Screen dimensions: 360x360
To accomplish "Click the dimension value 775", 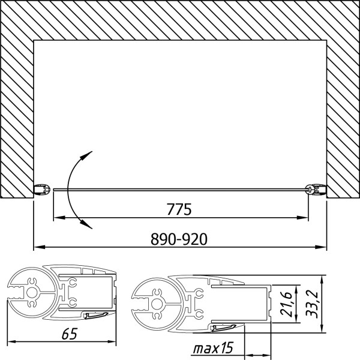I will [x=179, y=210].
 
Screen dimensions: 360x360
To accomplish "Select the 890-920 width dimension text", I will [x=179, y=238].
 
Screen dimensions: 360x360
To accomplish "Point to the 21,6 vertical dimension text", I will [x=286, y=301].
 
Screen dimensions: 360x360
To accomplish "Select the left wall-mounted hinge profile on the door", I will [x=42, y=189].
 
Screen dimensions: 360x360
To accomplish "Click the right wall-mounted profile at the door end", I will [x=316, y=189].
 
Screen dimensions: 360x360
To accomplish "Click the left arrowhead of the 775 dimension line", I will [x=58, y=218].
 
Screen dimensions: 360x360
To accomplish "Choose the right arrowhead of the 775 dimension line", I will [x=304, y=218].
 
